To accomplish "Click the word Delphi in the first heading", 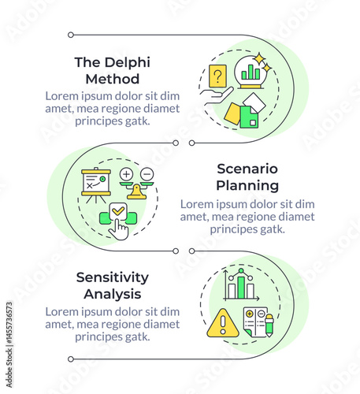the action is (128, 63).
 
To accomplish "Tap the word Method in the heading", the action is (113, 79).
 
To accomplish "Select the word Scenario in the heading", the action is (247, 169).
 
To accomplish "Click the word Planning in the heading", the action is (247, 186).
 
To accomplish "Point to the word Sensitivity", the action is (113, 277).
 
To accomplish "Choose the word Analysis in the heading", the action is (113, 294).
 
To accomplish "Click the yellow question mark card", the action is (217, 76).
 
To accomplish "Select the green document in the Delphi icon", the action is (249, 117).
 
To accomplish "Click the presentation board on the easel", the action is (96, 182).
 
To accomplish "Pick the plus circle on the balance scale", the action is (126, 174).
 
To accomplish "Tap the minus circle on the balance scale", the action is (147, 174).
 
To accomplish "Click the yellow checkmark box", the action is (118, 210).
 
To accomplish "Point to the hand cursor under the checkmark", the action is (119, 229).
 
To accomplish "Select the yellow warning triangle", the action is (223, 323).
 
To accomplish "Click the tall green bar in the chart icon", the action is (241, 288).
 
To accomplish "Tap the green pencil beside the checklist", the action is (269, 325).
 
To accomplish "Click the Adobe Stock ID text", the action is (9, 344).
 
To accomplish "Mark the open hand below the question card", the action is (216, 95).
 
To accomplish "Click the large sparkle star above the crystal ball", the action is (260, 59).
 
